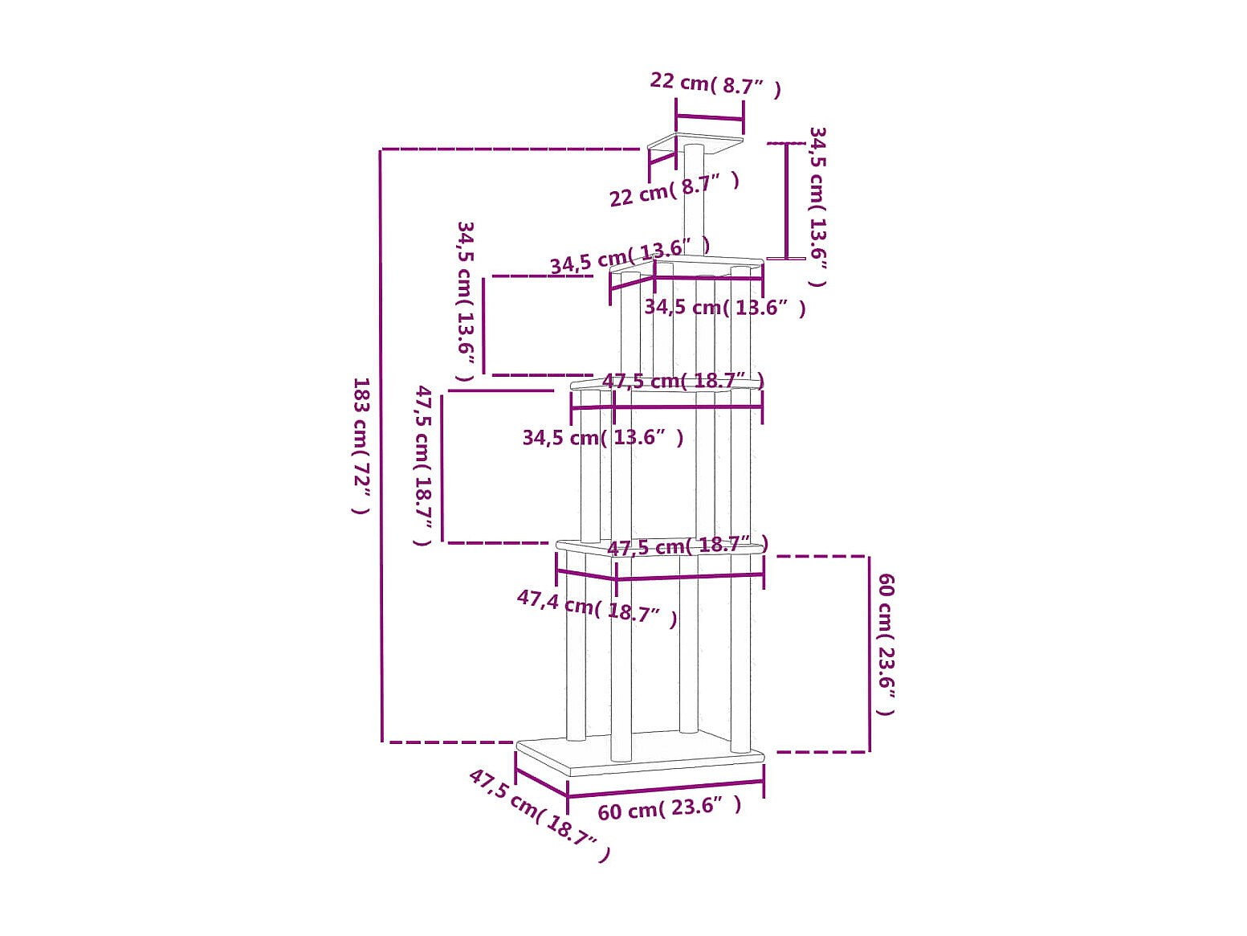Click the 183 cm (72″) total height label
click(361, 446)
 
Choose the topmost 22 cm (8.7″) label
click(715, 84)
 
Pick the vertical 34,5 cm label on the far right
click(817, 206)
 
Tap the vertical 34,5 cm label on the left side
click(465, 301)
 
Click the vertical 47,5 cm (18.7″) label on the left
click(424, 465)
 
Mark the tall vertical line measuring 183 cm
click(382, 446)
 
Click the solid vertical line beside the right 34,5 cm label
click(787, 201)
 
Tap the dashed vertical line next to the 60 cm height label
click(869, 654)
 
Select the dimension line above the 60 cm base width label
click(666, 789)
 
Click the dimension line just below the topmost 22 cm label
click(710, 117)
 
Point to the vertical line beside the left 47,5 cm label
click(442, 467)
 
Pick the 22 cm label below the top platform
click(674, 190)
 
